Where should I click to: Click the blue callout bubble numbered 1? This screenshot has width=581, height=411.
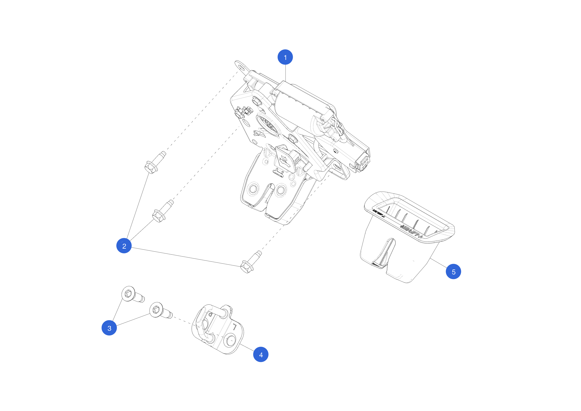click(x=285, y=57)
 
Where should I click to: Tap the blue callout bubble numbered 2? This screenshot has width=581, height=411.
click(x=124, y=246)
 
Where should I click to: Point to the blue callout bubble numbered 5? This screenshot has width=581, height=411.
click(x=453, y=271)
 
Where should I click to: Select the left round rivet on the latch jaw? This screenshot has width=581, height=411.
click(x=253, y=189)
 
